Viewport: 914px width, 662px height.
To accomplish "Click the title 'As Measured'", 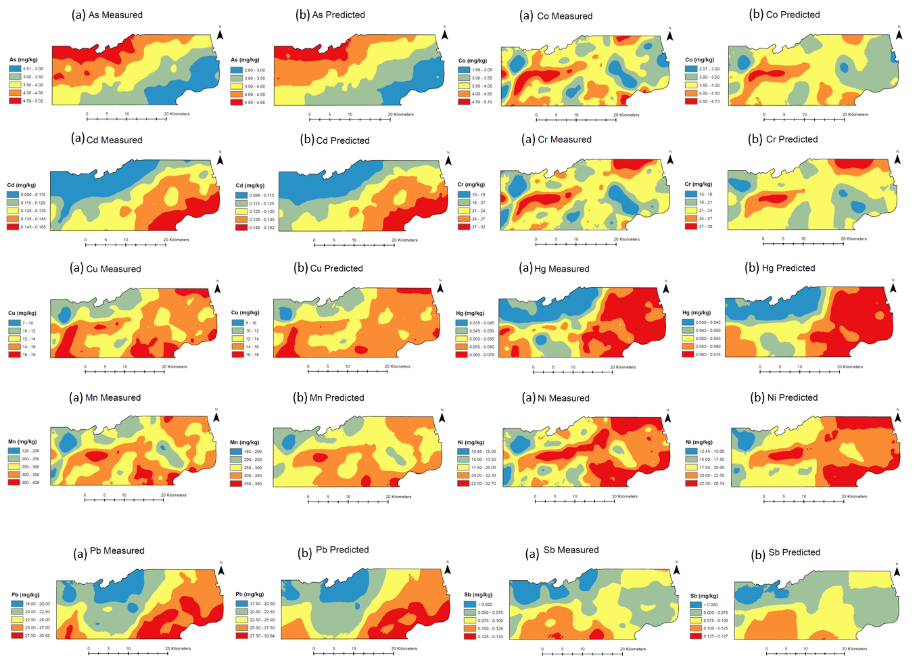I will [x=115, y=15].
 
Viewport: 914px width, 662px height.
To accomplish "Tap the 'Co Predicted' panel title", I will [x=792, y=15].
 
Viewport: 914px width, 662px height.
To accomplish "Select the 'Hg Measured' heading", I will [x=561, y=268].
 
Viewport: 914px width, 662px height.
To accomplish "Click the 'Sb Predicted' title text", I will [x=794, y=552].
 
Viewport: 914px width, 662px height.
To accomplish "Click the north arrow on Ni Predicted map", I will [x=898, y=417].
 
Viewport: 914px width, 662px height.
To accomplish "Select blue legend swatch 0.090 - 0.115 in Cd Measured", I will [x=13, y=195].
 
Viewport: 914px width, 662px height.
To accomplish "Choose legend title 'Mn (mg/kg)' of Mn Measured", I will [x=22, y=441].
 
